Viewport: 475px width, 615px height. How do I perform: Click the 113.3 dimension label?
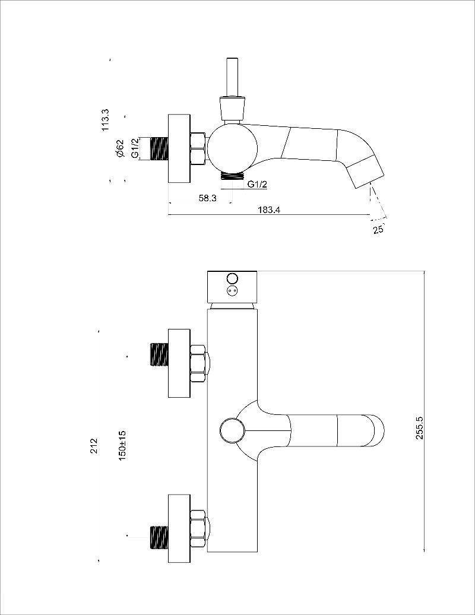[106, 120]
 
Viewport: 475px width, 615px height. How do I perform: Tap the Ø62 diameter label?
[119, 149]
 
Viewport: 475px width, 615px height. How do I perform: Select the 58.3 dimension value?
[207, 198]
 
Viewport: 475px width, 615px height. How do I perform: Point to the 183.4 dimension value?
[269, 210]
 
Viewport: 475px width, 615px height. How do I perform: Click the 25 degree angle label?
[378, 230]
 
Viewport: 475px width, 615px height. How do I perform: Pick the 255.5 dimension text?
[420, 427]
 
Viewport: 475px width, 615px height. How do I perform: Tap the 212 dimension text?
[94, 446]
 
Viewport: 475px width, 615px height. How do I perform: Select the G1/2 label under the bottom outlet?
[257, 184]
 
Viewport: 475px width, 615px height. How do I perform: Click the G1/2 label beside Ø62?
[135, 148]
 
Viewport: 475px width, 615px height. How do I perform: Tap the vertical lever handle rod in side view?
[232, 77]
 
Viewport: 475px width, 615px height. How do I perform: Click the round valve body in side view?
[232, 148]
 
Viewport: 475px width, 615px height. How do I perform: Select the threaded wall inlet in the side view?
[160, 148]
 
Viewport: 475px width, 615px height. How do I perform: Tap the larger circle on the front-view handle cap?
[232, 278]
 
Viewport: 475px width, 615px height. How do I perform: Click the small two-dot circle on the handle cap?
[232, 291]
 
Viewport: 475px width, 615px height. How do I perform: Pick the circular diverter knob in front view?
[232, 430]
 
